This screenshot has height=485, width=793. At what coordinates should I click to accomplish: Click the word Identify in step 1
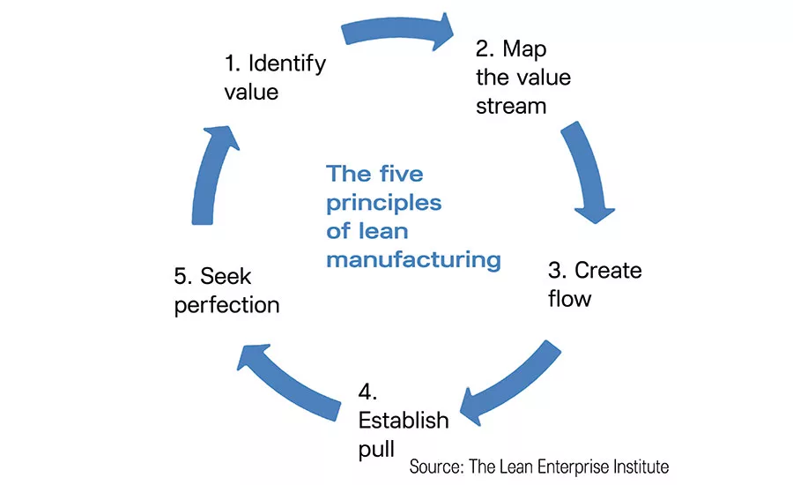point(287,63)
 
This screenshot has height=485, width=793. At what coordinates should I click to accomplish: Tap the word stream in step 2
point(511,107)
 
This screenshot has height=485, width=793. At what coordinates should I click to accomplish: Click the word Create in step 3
point(607,270)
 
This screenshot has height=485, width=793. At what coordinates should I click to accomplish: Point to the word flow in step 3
point(569,299)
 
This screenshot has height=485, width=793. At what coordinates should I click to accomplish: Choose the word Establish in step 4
point(404,419)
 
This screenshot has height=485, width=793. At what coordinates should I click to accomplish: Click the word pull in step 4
point(377,449)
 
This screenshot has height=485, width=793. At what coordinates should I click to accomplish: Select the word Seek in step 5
point(226,277)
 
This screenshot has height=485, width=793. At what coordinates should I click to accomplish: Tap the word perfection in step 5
point(227,306)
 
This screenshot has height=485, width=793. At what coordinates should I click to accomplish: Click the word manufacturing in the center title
point(413,260)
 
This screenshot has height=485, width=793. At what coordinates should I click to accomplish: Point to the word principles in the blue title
point(383,203)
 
